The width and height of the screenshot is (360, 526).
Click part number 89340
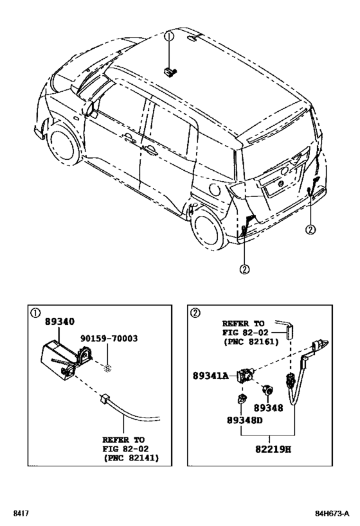(59, 321)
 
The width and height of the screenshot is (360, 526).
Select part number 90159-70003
(109, 338)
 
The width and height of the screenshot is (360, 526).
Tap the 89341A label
(210, 376)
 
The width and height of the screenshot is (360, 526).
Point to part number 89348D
(244, 419)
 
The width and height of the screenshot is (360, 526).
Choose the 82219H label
(273, 449)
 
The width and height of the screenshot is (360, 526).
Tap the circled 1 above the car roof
(169, 37)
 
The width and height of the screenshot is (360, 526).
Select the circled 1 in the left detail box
(35, 313)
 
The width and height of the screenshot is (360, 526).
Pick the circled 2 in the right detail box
(195, 313)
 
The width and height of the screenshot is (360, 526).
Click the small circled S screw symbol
(107, 369)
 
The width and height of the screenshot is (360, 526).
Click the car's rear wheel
(209, 227)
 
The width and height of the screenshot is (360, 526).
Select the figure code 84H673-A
(332, 514)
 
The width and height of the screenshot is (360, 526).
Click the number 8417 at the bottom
(21, 514)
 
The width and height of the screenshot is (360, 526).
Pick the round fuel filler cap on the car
(214, 190)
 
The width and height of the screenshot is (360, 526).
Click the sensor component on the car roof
(170, 72)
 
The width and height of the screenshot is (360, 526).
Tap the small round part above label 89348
(267, 390)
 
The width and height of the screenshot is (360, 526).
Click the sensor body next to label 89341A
(246, 374)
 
